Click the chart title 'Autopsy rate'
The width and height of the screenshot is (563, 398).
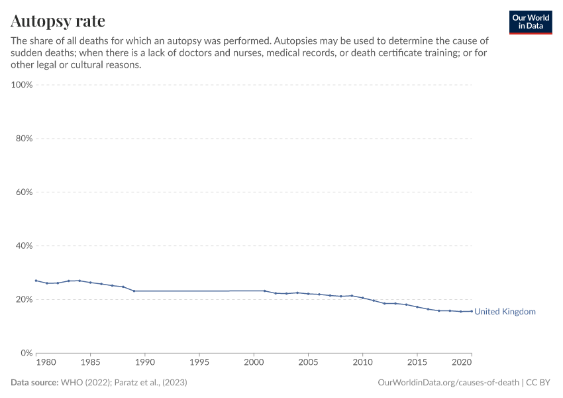58,21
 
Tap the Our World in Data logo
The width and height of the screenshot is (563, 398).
530,22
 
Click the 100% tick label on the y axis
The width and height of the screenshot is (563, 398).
22,85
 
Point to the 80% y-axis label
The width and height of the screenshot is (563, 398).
23,139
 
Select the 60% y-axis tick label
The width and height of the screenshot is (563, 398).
23,192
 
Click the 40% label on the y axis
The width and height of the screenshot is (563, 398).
23,245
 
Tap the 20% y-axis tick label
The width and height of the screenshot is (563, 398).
23,299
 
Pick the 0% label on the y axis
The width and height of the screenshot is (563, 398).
27,353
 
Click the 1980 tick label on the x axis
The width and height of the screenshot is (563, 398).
46,363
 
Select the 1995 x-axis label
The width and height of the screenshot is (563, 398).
199,363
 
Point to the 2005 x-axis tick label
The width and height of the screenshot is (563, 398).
308,363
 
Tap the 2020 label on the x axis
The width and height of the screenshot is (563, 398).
461,363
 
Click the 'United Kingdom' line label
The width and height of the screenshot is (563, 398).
505,312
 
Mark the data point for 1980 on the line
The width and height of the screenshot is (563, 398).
36,281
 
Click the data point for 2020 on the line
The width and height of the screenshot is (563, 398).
472,311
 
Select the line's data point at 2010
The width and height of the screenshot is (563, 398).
362,298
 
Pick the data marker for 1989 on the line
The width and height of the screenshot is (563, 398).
134,291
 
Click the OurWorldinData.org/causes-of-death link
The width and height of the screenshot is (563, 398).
448,383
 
